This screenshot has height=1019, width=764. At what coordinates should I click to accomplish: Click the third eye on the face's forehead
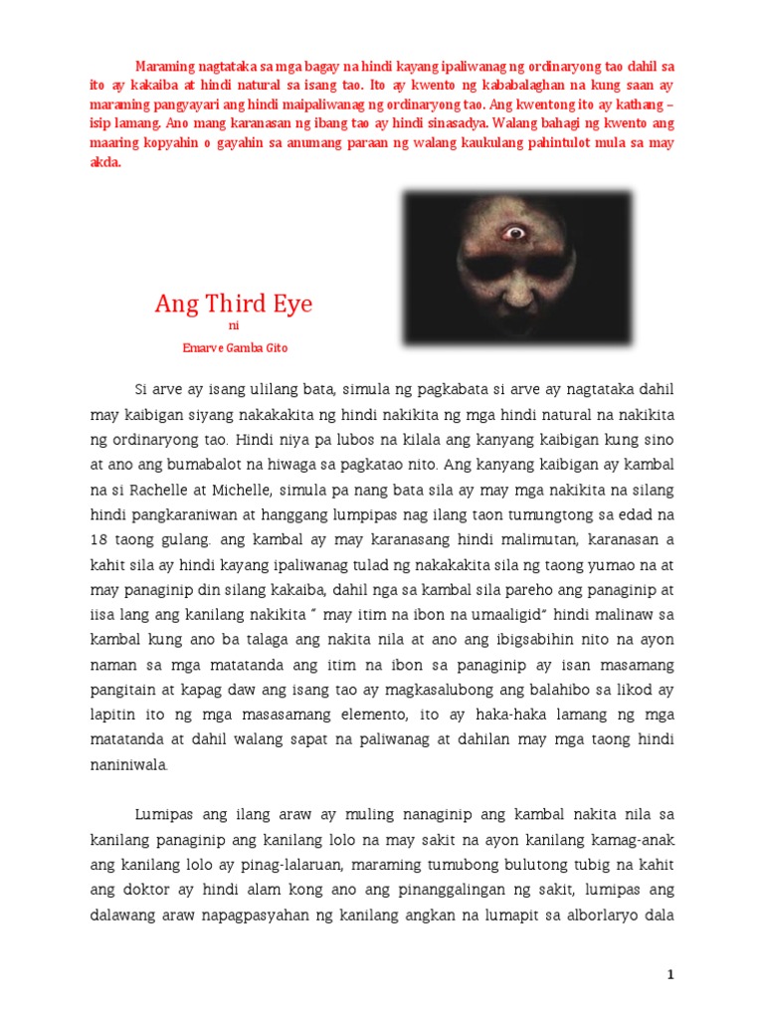(515, 234)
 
